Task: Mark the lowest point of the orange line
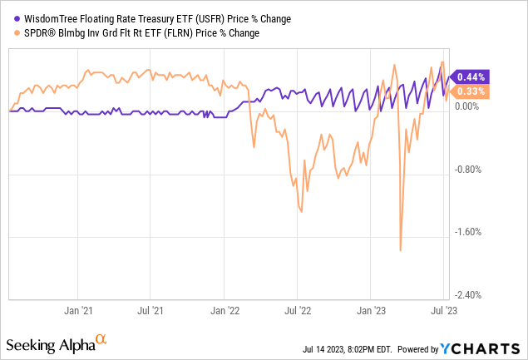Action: point(401,249)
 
